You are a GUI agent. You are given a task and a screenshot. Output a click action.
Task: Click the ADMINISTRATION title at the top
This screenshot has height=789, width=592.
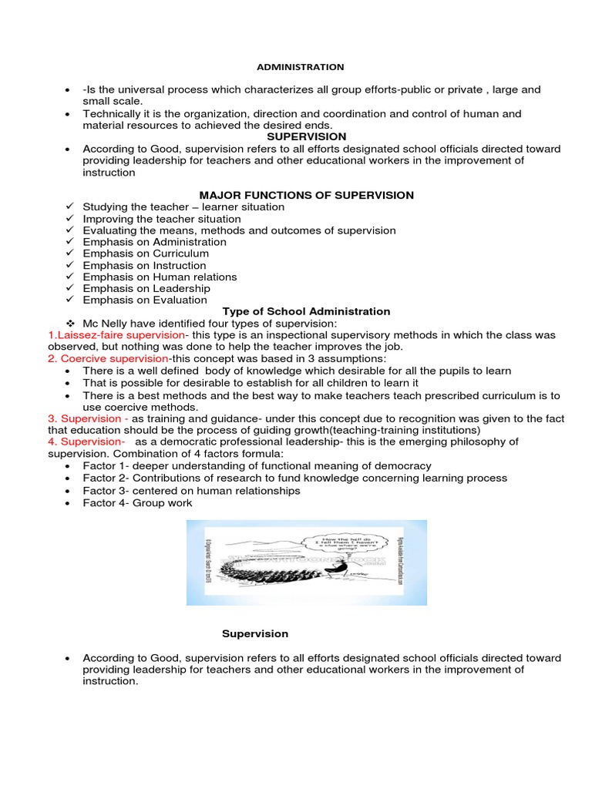point(301,67)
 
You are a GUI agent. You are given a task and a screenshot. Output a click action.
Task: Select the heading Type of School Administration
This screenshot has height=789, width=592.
point(307,311)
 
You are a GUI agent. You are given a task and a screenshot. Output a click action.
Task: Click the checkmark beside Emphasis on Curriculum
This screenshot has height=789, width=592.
point(69,253)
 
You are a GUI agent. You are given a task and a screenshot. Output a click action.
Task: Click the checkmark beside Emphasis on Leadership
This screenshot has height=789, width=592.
point(69,288)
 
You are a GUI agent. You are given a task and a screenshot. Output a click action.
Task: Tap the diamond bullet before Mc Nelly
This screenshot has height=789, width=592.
point(69,324)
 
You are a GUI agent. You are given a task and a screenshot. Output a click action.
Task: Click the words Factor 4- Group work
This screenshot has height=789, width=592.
point(138,502)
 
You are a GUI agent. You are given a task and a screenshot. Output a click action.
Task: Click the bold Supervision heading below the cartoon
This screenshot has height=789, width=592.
point(255,633)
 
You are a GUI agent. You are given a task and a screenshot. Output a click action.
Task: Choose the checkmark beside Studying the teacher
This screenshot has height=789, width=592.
point(69,207)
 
